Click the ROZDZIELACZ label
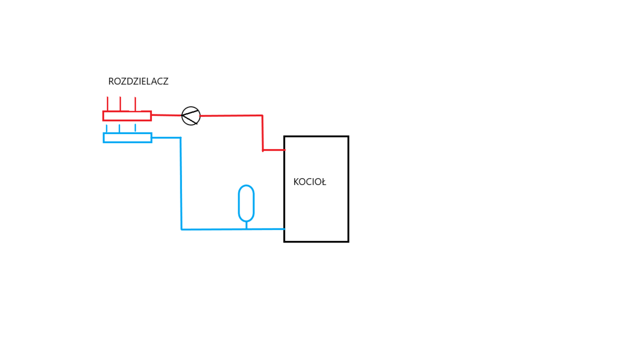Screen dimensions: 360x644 pyautogui.click(x=138, y=82)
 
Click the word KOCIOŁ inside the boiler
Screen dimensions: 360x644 pyautogui.click(x=310, y=182)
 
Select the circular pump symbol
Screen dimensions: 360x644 pyautogui.click(x=191, y=116)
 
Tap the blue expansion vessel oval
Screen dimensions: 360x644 pyautogui.click(x=246, y=203)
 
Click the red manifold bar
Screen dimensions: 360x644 pyautogui.click(x=127, y=116)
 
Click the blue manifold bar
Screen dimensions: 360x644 pyautogui.click(x=128, y=138)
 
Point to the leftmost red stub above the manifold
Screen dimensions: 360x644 pyautogui.click(x=107, y=104)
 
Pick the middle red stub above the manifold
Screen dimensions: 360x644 pyautogui.click(x=120, y=104)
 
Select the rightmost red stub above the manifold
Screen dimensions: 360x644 pyautogui.click(x=135, y=104)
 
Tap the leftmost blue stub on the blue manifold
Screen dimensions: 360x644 pyautogui.click(x=106, y=129)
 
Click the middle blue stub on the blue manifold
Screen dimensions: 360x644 pyautogui.click(x=119, y=129)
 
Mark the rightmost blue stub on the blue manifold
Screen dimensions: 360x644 pyautogui.click(x=135, y=129)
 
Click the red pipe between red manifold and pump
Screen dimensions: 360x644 pyautogui.click(x=166, y=115)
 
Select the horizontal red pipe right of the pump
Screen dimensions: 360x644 pyautogui.click(x=231, y=115)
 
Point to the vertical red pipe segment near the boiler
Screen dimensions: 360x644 pyautogui.click(x=262, y=133)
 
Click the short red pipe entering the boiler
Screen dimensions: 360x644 pyautogui.click(x=274, y=150)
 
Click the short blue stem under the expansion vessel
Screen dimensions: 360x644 pyautogui.click(x=246, y=225)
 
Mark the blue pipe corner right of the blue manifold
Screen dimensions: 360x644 pyautogui.click(x=180, y=138)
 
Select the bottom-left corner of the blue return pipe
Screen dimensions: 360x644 pyautogui.click(x=181, y=230)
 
